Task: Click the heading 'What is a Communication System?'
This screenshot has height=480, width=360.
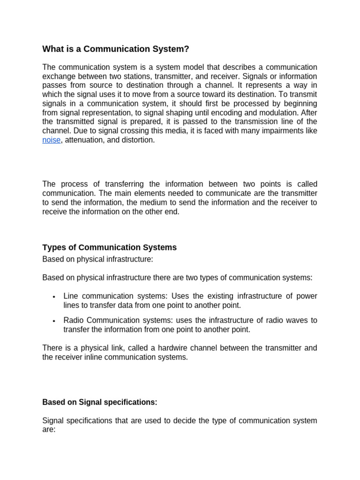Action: pos(116,49)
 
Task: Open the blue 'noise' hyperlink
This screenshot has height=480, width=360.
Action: pos(51,140)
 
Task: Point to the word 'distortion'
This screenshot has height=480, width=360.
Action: pos(137,140)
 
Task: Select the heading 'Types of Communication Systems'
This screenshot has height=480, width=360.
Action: pos(109,247)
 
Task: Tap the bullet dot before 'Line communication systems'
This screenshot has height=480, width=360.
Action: pos(54,297)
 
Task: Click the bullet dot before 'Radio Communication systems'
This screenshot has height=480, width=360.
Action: pos(54,321)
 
